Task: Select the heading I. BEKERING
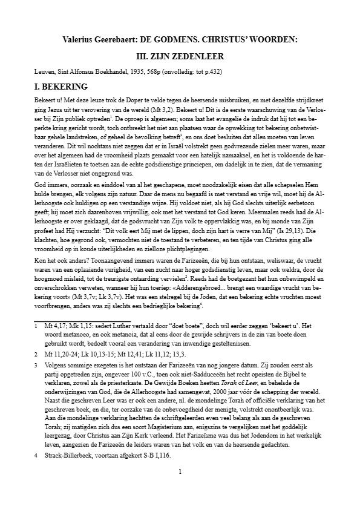61,87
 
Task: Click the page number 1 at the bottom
180,488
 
